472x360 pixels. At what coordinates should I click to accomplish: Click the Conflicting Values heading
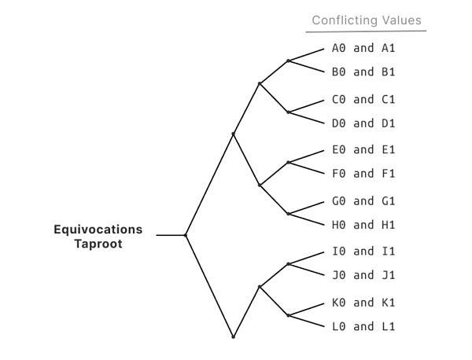[x=366, y=20]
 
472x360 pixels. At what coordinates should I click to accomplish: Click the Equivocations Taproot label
[x=98, y=237]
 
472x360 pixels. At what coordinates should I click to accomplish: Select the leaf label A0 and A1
[x=363, y=48]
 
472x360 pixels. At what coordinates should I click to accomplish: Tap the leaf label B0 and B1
[x=363, y=72]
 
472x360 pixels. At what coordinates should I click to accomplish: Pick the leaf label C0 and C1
[x=363, y=99]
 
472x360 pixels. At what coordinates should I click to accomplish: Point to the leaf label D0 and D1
[x=363, y=123]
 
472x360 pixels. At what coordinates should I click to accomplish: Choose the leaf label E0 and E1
[x=363, y=149]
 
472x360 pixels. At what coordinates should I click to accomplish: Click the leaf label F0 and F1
[x=363, y=173]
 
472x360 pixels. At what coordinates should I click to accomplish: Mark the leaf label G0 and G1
[x=363, y=200]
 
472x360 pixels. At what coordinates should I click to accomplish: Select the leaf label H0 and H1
[x=363, y=224]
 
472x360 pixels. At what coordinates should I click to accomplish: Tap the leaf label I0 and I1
[x=363, y=252]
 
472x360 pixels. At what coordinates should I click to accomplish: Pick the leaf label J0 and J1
[x=363, y=275]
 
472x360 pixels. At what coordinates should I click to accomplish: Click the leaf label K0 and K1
[x=363, y=303]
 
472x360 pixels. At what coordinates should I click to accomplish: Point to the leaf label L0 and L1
[x=363, y=326]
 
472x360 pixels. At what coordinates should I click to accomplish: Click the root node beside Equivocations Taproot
[x=185, y=235]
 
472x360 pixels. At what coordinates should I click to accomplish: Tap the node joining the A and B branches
[x=289, y=61]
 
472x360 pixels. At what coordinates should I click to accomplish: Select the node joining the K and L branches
[x=289, y=315]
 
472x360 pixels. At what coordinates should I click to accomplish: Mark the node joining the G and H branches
[x=289, y=213]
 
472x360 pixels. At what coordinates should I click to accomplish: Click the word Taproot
[x=98, y=244]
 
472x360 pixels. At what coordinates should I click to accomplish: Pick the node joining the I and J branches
[x=289, y=264]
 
